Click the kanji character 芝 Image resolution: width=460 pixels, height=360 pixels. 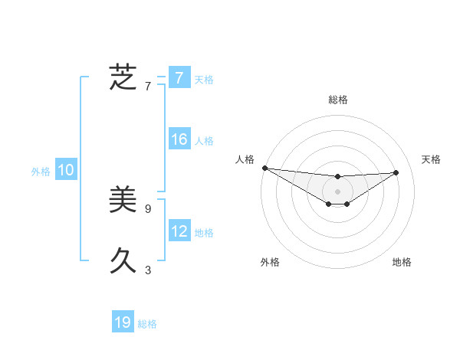point(123,77)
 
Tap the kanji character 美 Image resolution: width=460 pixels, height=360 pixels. point(123,201)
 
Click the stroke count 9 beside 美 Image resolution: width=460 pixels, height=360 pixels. point(148,208)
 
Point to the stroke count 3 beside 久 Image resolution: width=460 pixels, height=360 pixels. point(148,270)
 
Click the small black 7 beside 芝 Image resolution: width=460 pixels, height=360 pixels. point(148,86)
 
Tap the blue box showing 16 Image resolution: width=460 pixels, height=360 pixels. point(179,139)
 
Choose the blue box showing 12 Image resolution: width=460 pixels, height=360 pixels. point(179,231)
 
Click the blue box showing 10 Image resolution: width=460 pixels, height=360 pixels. point(66,171)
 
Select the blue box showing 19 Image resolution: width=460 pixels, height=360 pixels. point(123,322)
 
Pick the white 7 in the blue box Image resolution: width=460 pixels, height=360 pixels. point(179,78)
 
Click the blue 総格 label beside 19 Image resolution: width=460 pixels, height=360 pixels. point(147,324)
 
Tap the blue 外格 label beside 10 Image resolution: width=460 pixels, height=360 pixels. point(41,172)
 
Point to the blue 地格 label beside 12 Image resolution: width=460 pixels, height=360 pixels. point(204,232)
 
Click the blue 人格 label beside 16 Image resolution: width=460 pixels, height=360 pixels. point(204,141)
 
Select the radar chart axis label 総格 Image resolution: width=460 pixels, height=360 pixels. point(338,100)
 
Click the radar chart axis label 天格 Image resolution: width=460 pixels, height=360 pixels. point(431,159)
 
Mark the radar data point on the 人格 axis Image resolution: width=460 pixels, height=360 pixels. point(264,168)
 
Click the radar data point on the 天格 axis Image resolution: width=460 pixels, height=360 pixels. point(396,172)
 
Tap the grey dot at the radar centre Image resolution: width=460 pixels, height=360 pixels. point(338,191)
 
